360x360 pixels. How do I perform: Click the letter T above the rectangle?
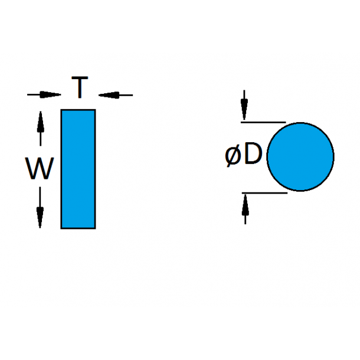pos(80,89)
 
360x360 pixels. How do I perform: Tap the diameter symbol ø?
pos(233,156)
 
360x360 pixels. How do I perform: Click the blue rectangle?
pos(78,169)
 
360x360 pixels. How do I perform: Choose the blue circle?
pos(300,157)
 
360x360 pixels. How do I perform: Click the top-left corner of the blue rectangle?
pos(61,110)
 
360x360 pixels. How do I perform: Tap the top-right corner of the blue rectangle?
pos(95,110)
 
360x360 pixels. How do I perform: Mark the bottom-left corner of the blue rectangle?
pos(61,228)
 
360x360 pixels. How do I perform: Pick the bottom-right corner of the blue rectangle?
pos(95,228)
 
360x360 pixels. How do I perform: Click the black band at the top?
pos(180,26)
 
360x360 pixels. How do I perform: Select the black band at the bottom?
pos(180,333)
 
